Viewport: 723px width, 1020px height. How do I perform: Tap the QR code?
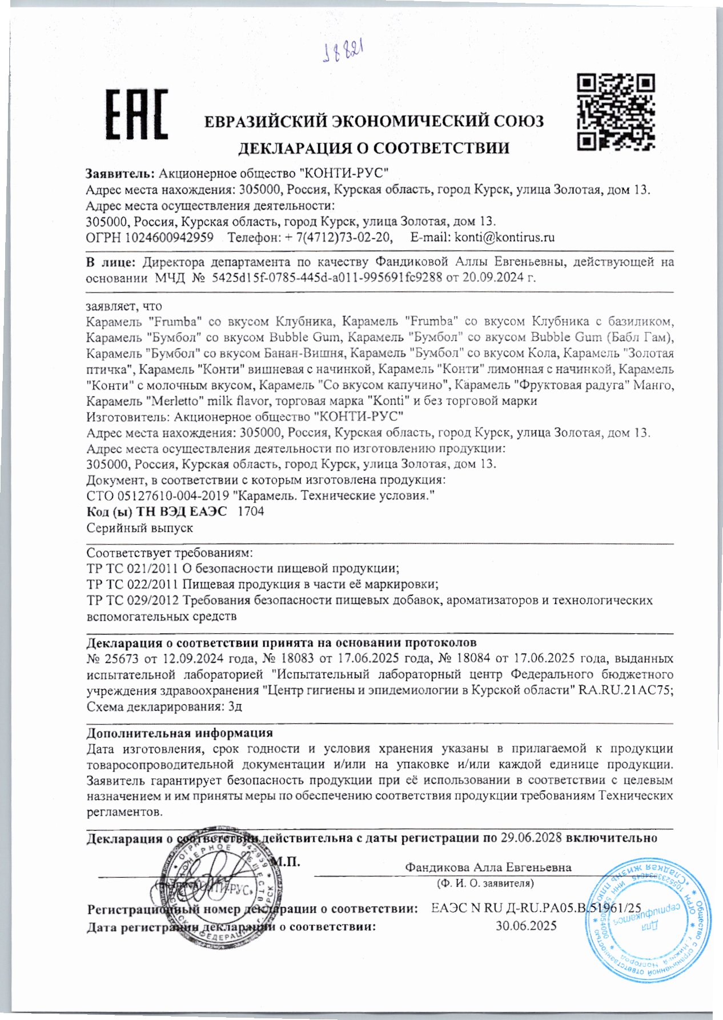coord(615,111)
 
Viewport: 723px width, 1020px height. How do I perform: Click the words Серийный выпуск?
coord(139,527)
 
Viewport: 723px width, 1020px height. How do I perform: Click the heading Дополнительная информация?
coord(179,733)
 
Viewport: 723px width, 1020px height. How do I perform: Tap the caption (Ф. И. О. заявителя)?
coord(485,883)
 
